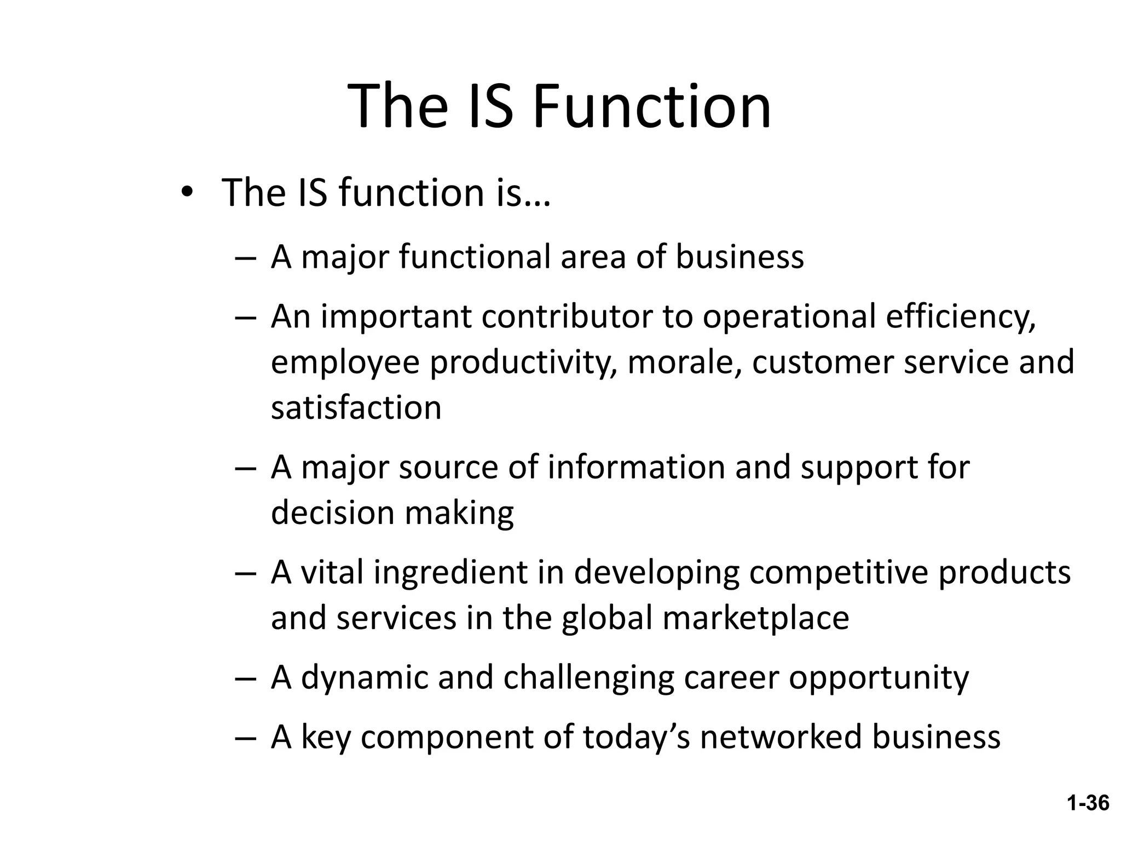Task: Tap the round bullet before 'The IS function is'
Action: coord(187,193)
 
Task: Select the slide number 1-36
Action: coord(1088,803)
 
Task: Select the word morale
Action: coord(684,362)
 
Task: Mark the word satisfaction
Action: coord(356,407)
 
